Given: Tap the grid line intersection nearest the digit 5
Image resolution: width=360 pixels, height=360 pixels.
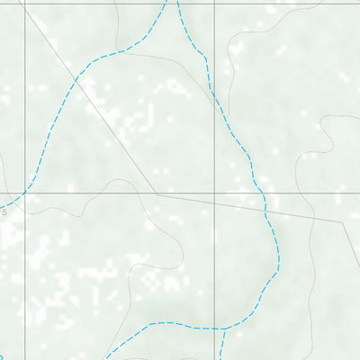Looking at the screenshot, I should pyautogui.click(x=24, y=192).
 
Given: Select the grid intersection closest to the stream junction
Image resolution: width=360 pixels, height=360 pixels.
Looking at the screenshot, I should pyautogui.click(x=215, y=192).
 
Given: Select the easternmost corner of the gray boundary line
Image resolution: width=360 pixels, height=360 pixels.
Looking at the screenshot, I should pyautogui.click(x=342, y=221).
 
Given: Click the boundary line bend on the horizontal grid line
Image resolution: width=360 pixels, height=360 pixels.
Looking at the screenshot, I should pyautogui.click(x=157, y=192).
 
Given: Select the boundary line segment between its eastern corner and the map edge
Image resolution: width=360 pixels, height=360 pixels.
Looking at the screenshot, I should pyautogui.click(x=351, y=247).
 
